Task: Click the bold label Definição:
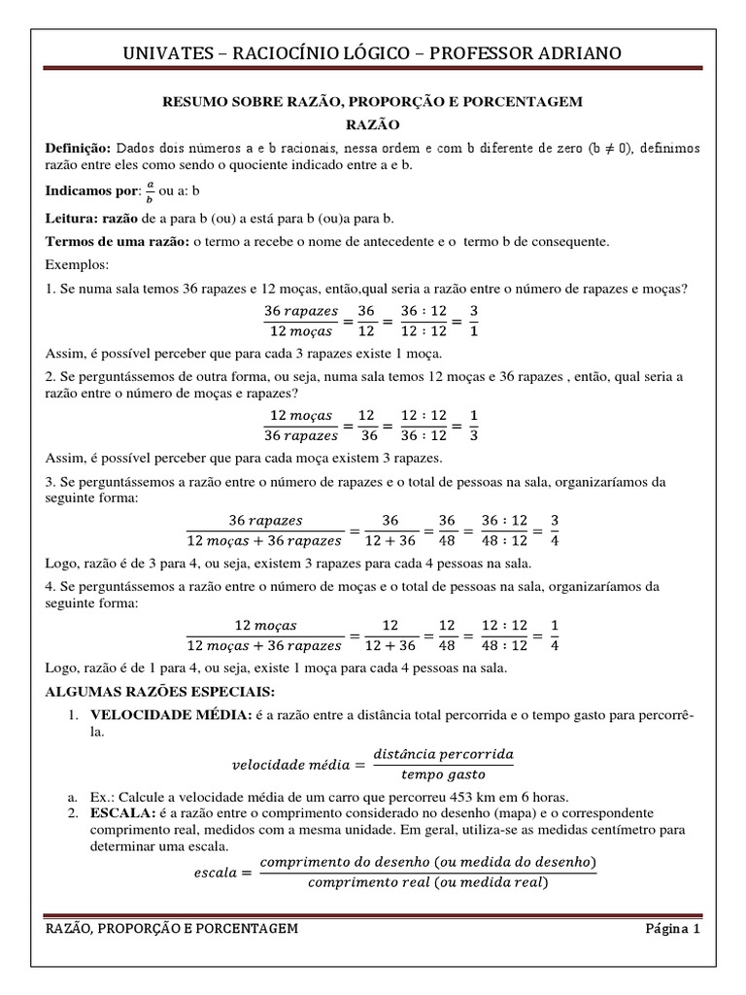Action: click(x=79, y=148)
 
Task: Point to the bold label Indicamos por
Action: click(x=85, y=190)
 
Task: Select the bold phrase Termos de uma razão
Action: click(x=117, y=240)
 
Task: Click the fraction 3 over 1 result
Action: click(x=473, y=322)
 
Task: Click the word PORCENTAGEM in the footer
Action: click(x=251, y=929)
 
